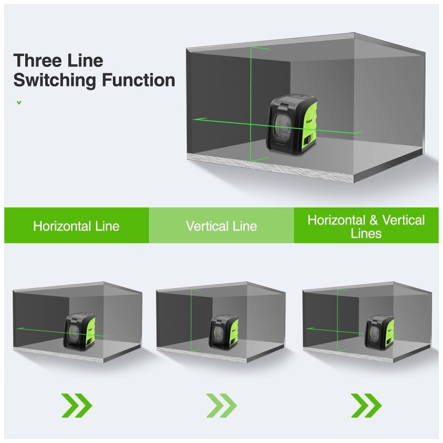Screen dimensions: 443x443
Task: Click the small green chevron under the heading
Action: (19, 103)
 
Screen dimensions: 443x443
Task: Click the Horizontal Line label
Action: (76, 226)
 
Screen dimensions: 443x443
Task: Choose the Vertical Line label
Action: (221, 226)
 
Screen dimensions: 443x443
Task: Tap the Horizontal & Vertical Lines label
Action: (366, 226)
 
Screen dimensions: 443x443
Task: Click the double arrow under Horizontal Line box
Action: (76, 406)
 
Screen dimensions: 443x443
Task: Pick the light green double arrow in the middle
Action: (221, 406)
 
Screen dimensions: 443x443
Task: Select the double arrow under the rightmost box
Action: (366, 406)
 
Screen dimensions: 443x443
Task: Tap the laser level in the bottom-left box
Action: (80, 331)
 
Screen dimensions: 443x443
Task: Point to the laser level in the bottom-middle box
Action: (224, 332)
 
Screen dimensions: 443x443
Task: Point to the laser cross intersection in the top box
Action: (251, 122)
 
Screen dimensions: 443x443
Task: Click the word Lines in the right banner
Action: (366, 233)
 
